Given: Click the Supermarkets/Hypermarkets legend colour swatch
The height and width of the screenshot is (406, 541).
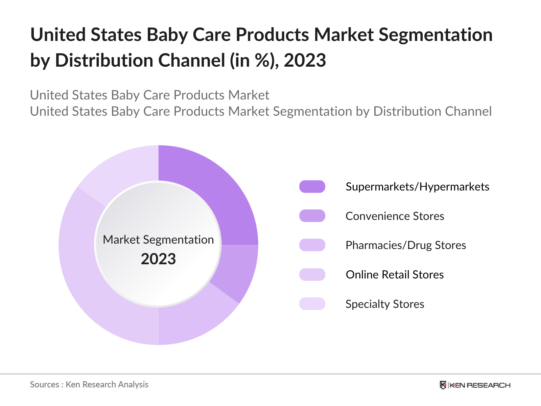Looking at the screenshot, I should click(312, 186).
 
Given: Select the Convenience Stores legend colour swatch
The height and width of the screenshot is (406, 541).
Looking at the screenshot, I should click(312, 216).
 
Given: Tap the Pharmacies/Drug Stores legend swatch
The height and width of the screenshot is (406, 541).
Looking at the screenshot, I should click(312, 245).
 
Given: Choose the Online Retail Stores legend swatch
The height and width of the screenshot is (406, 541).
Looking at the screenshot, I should click(312, 274).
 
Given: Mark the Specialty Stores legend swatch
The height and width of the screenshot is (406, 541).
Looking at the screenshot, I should click(312, 304).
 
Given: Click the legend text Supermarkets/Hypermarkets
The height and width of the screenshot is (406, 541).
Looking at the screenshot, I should click(417, 187).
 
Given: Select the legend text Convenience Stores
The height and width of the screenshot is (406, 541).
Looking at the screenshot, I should click(395, 216).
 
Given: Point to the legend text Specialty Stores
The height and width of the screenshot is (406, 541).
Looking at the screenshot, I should click(385, 304).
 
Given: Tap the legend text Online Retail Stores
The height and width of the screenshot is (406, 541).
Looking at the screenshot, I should click(395, 275).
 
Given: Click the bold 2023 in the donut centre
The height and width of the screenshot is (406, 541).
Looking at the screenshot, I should click(158, 259).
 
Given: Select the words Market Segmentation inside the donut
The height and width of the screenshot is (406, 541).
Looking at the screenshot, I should click(158, 240).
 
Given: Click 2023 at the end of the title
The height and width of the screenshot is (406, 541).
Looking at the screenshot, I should click(305, 61).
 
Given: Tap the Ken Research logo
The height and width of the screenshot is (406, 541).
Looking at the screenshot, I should click(475, 385).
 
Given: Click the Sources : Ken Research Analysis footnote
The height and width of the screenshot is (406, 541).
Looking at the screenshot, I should click(89, 385).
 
